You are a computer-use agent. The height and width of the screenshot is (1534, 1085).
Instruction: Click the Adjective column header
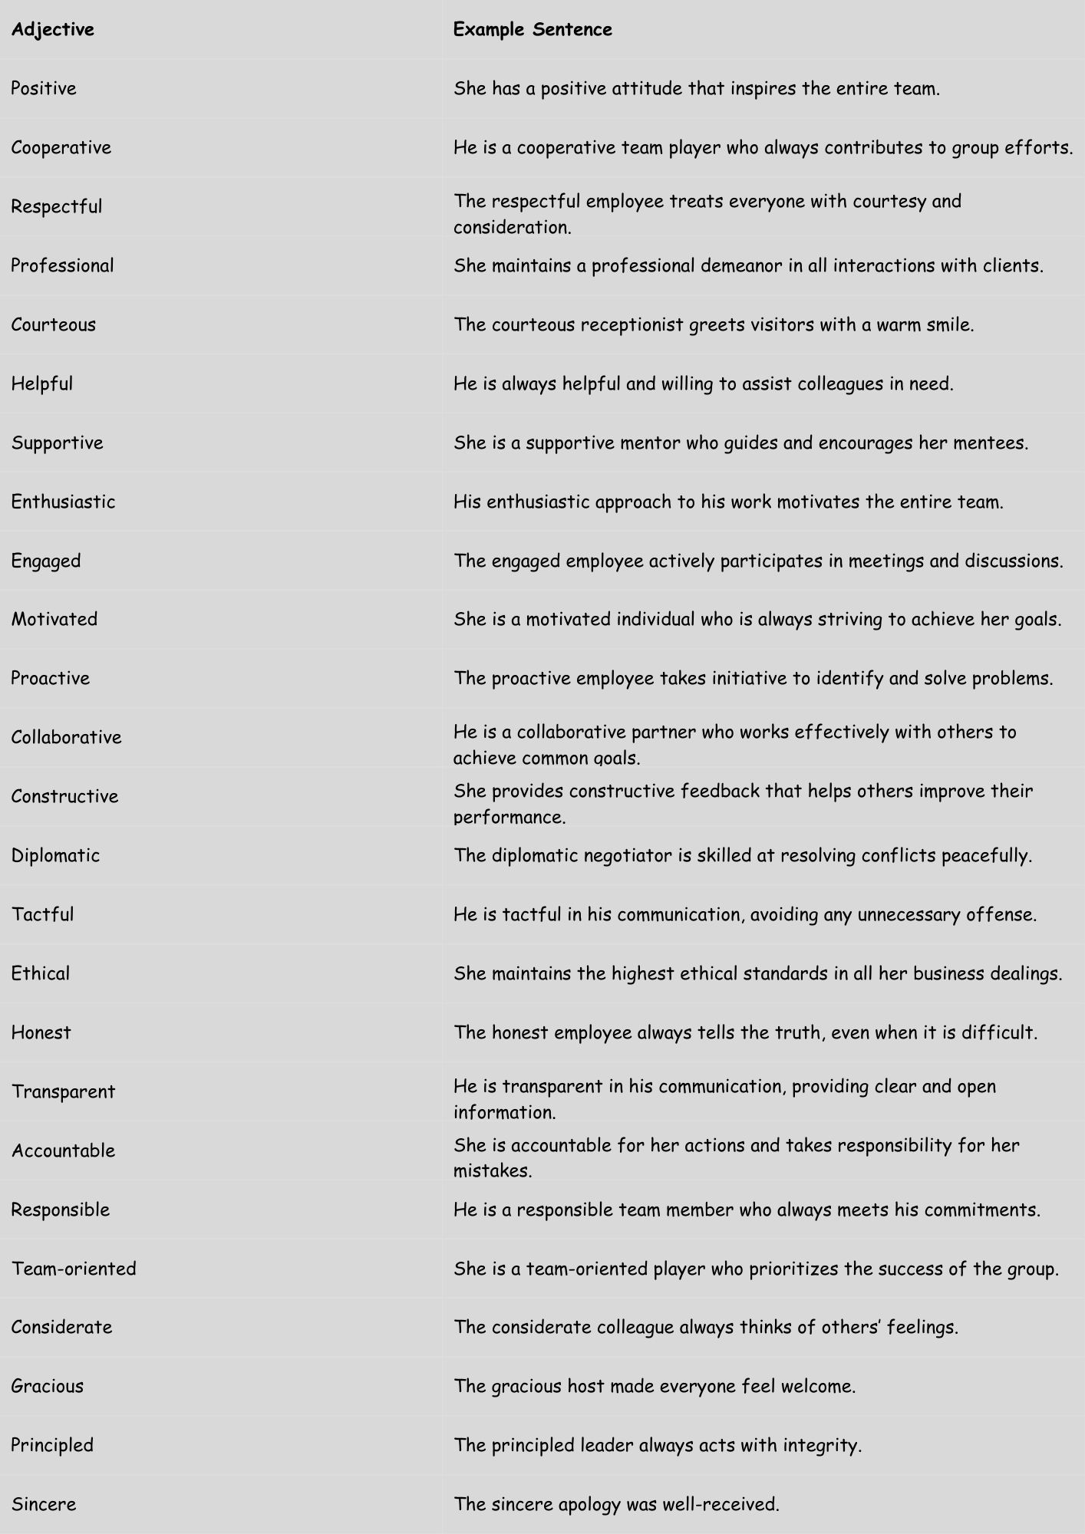[52, 30]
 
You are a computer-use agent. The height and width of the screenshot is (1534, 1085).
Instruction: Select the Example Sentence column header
[533, 30]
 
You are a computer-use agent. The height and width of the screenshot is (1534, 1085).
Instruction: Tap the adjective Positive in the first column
[44, 89]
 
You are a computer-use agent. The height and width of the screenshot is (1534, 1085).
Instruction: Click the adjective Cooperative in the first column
[61, 148]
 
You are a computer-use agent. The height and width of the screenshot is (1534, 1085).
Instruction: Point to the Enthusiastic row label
[63, 502]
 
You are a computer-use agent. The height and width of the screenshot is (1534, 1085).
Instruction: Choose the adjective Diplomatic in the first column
[55, 856]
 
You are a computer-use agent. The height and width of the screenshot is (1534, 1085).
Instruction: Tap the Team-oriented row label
[74, 1269]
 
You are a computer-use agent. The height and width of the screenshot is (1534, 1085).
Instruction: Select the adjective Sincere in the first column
[44, 1504]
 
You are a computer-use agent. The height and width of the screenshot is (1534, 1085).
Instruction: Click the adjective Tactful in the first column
[42, 915]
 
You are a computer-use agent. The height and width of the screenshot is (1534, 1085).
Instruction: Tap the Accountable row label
[63, 1150]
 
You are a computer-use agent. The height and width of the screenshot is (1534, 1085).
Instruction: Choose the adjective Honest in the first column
[41, 1033]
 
